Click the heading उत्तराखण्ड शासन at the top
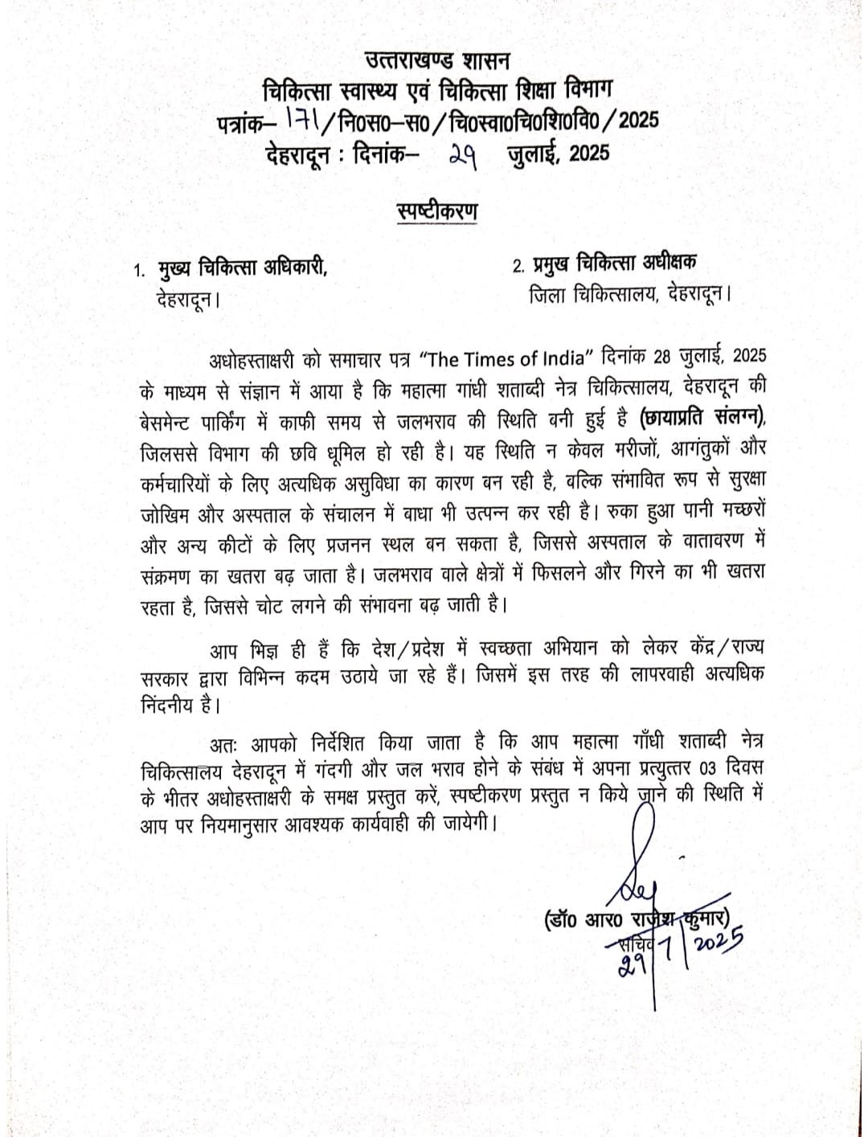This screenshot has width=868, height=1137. (437, 59)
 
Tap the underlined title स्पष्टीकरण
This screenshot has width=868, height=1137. (437, 211)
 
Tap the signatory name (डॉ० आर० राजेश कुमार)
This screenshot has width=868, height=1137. (636, 918)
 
